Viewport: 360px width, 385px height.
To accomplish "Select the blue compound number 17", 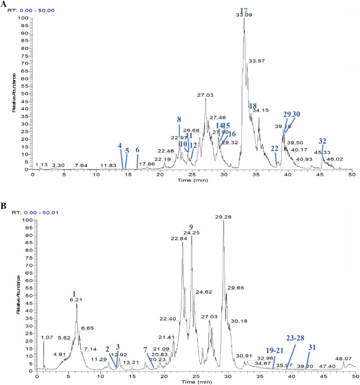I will pyautogui.click(x=244, y=10).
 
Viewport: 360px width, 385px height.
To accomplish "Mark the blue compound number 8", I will pyautogui.click(x=179, y=119).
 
